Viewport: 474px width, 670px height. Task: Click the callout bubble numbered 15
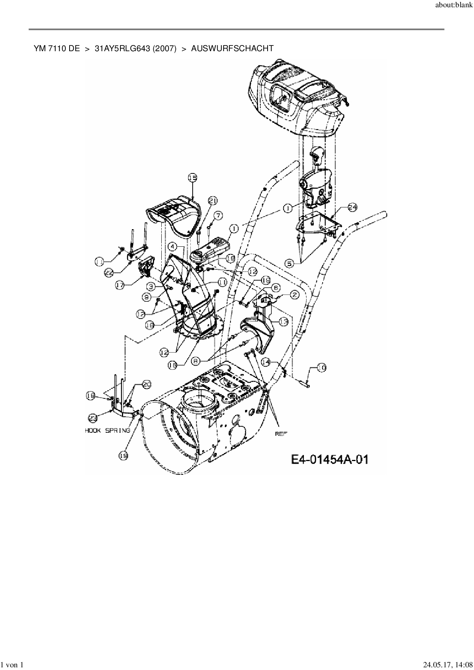click(192, 177)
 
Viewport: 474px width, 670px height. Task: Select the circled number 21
click(213, 200)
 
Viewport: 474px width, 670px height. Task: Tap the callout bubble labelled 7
click(218, 215)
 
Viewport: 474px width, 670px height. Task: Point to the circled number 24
click(352, 207)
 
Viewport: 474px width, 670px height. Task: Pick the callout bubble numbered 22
click(109, 273)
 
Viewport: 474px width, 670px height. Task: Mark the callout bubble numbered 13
click(283, 322)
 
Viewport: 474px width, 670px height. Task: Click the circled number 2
click(294, 295)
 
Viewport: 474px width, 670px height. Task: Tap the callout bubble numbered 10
click(322, 368)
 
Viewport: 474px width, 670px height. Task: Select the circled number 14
click(266, 361)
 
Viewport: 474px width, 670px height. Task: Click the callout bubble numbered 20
click(147, 385)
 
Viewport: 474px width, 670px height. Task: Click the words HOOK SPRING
click(107, 430)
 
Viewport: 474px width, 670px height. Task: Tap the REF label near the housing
click(281, 434)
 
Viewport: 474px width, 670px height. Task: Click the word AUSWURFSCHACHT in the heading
click(232, 49)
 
